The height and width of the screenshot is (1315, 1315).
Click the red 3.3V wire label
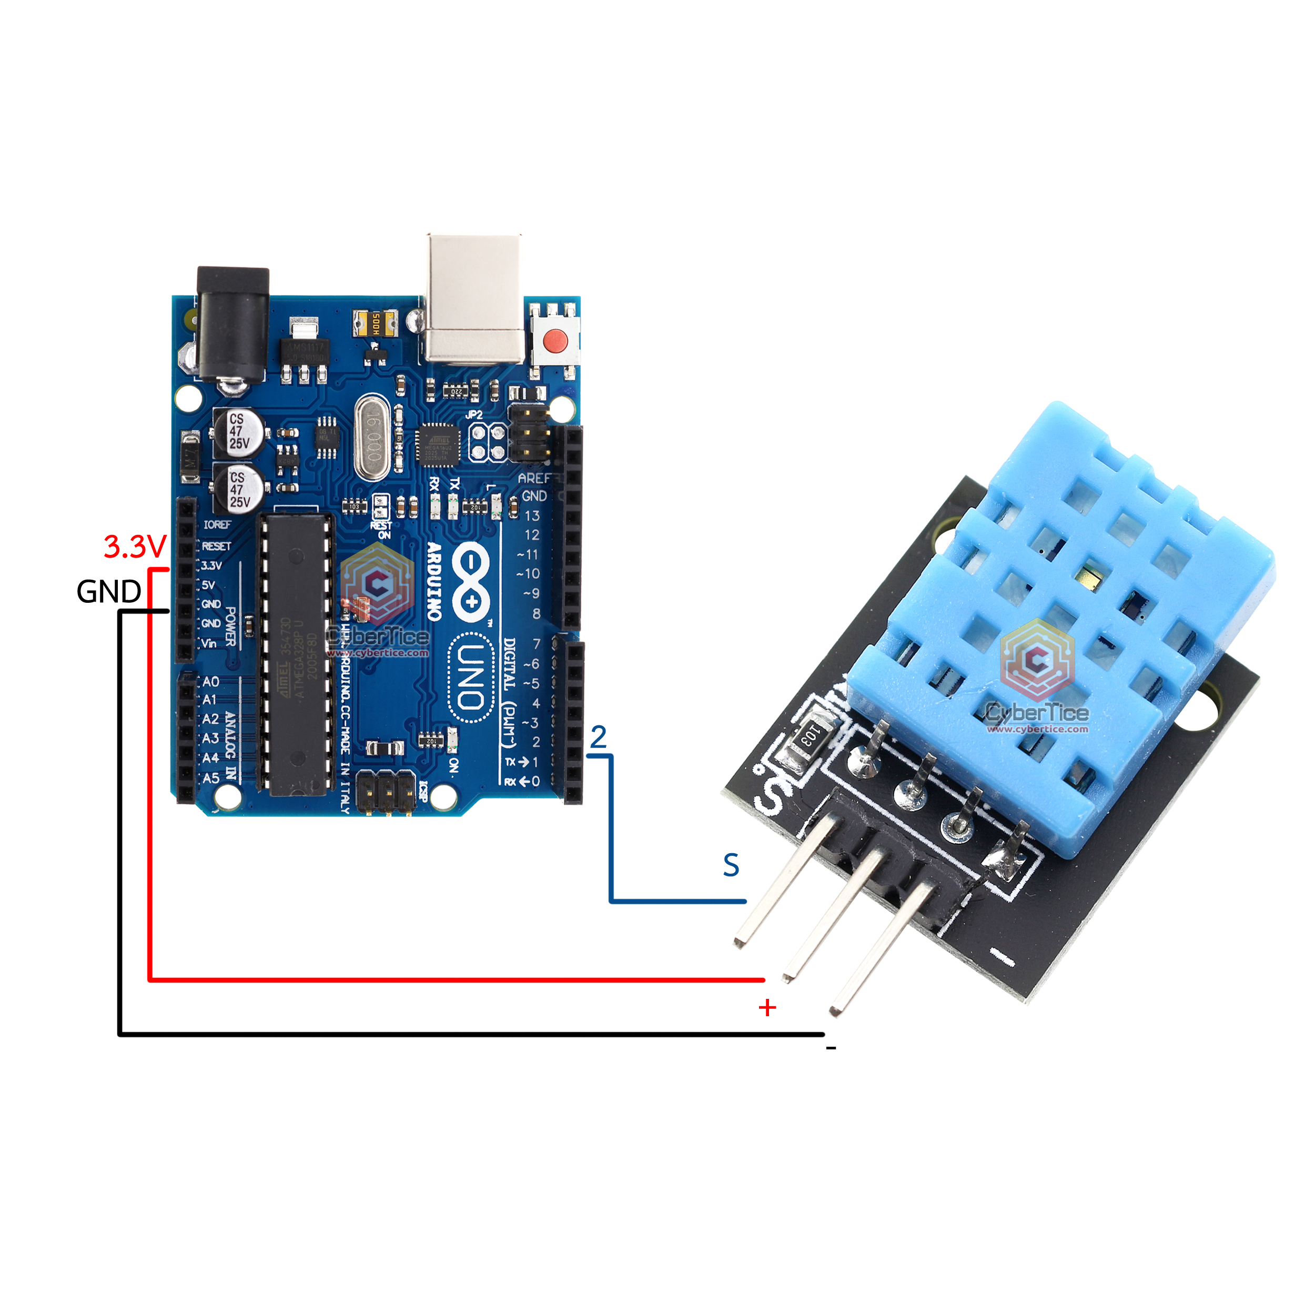click(135, 547)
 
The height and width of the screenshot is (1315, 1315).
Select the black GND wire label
click(109, 591)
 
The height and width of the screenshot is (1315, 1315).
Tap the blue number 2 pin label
click(598, 737)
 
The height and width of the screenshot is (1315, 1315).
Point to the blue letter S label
click(731, 865)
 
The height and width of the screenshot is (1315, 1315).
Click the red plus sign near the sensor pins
click(767, 1007)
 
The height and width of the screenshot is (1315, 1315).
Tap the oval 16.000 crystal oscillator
click(372, 437)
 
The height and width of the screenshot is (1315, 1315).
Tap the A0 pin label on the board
click(211, 681)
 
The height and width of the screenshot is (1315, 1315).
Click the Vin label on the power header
click(209, 643)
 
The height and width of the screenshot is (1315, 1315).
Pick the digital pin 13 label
click(532, 516)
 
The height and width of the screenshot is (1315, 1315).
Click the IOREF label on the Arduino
click(217, 525)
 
